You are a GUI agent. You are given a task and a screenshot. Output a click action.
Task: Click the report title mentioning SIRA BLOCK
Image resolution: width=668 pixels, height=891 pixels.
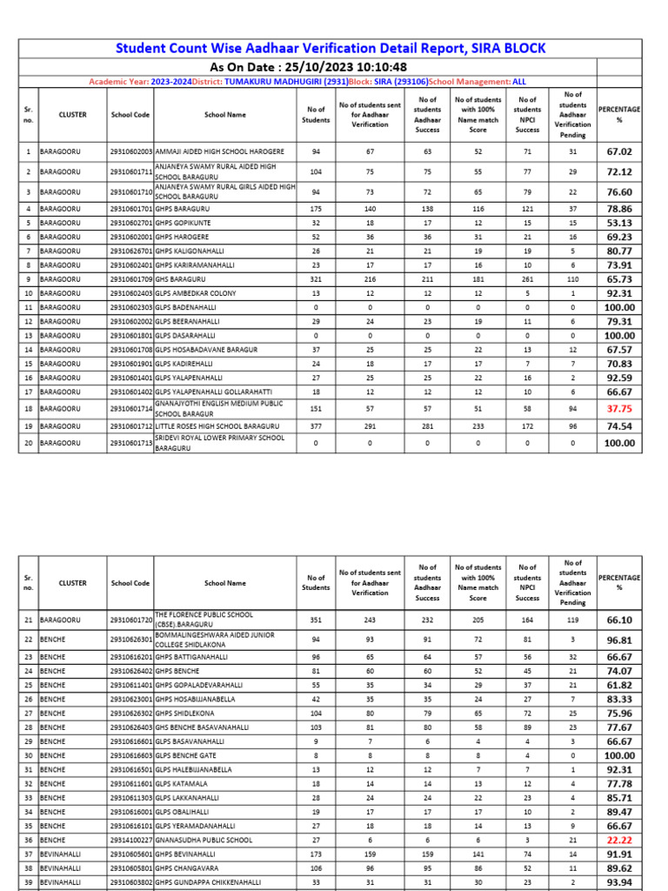tap(334, 47)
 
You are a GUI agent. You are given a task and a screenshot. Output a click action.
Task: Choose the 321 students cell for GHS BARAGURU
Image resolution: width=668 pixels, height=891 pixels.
tap(316, 279)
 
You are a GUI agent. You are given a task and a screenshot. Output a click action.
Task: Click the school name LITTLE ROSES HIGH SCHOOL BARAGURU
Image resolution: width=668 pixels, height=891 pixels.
tap(217, 426)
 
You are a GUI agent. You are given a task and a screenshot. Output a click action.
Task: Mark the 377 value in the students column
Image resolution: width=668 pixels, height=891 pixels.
tap(316, 426)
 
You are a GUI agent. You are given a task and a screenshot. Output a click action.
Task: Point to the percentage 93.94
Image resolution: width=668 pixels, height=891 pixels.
tap(619, 881)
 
